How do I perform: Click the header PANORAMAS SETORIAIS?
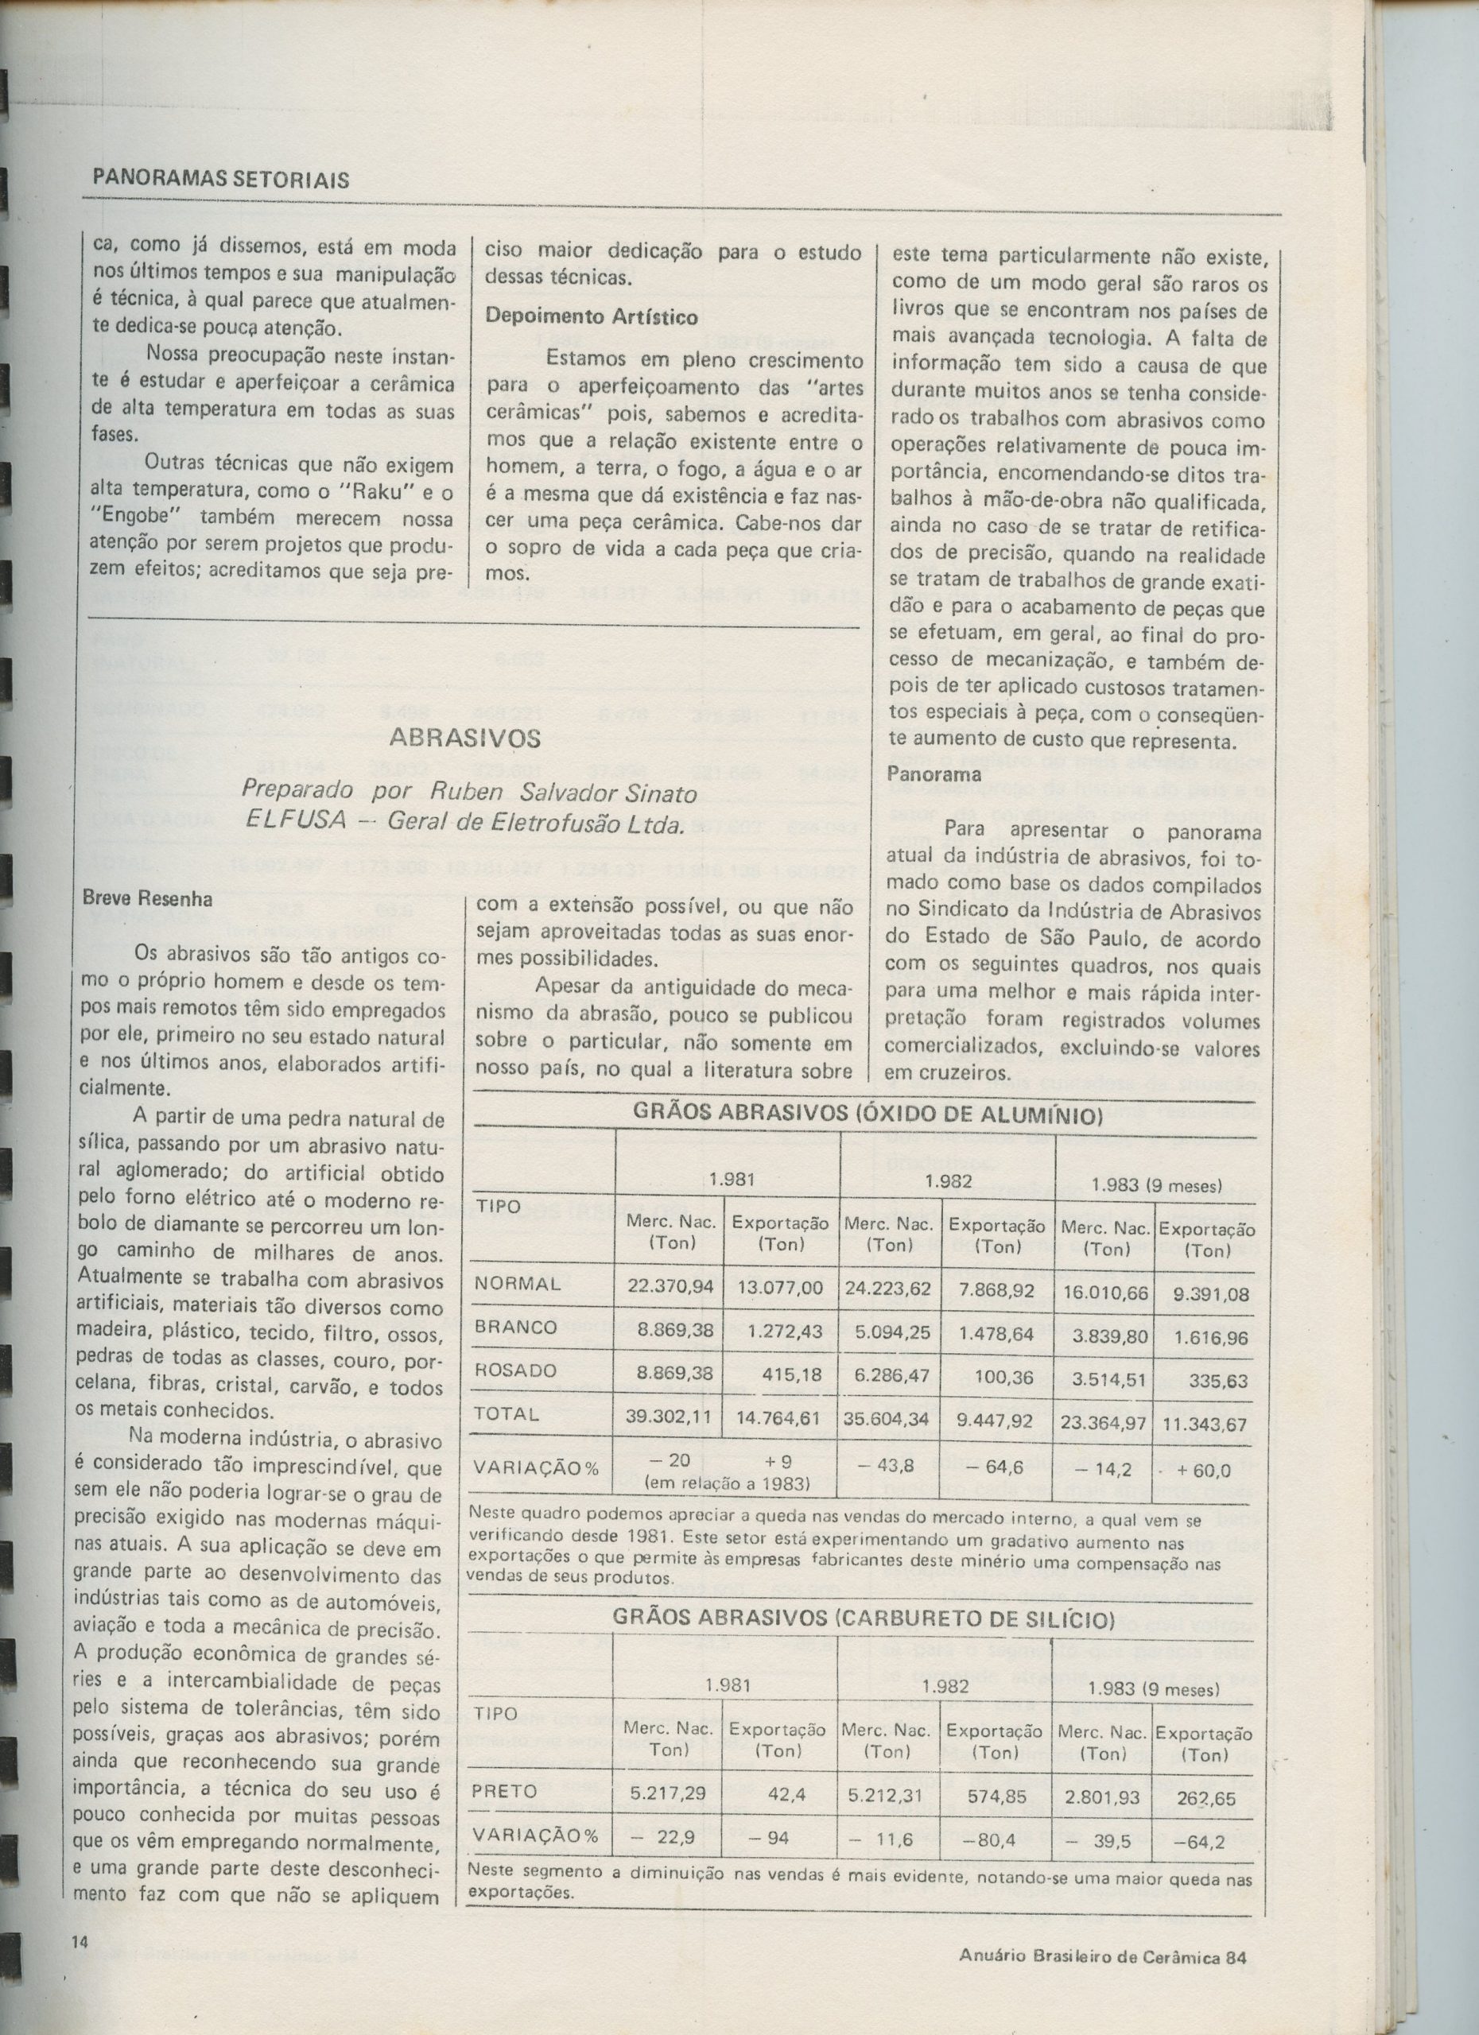221,180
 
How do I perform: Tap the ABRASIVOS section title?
466,738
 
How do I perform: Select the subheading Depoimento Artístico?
592,316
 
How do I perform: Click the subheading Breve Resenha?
147,898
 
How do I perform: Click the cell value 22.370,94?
670,1289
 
